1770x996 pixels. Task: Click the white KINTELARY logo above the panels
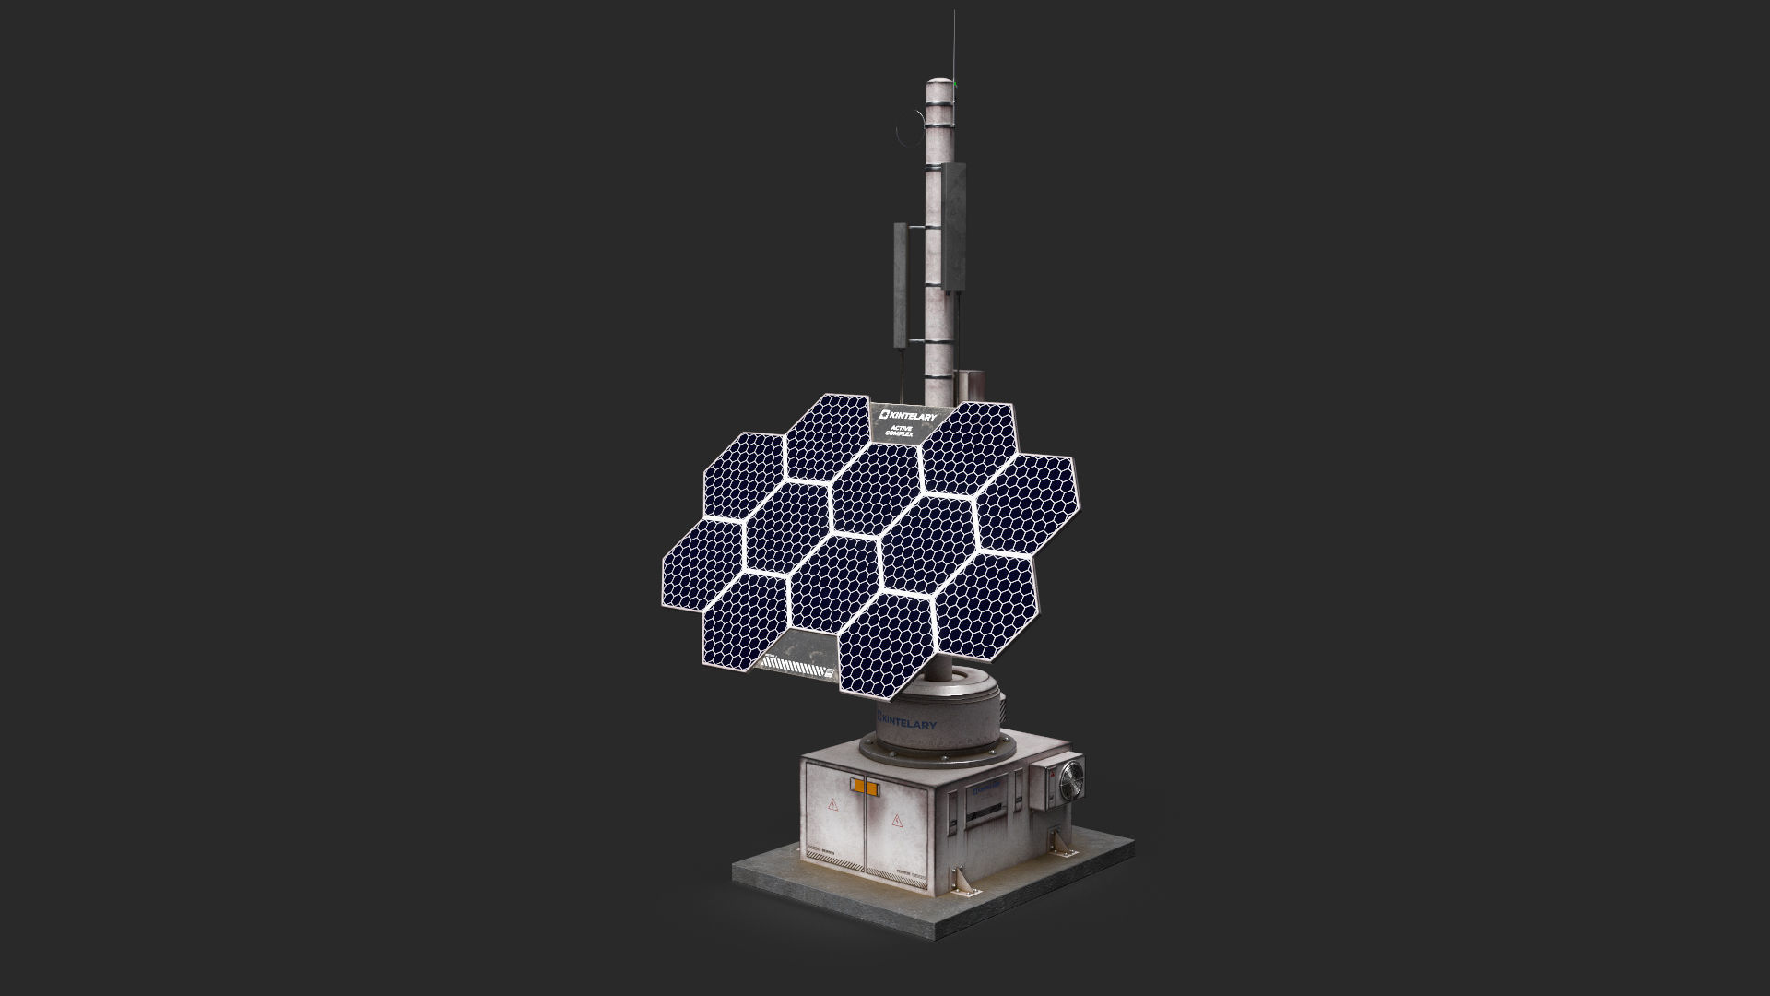[x=908, y=418]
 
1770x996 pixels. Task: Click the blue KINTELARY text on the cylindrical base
[x=908, y=721]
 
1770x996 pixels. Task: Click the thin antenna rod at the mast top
[x=947, y=46]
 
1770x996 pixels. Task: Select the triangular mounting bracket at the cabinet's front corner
[x=961, y=880]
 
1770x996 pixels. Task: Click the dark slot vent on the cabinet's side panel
[x=987, y=812]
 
